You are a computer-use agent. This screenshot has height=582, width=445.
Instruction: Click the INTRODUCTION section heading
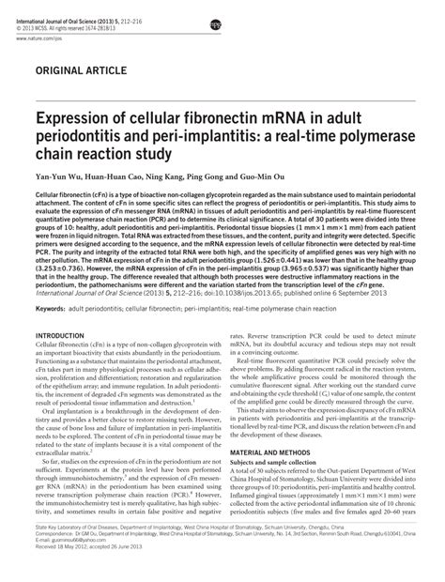pos(64,336)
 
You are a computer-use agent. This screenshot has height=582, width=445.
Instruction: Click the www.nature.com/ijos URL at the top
pos(54,28)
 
